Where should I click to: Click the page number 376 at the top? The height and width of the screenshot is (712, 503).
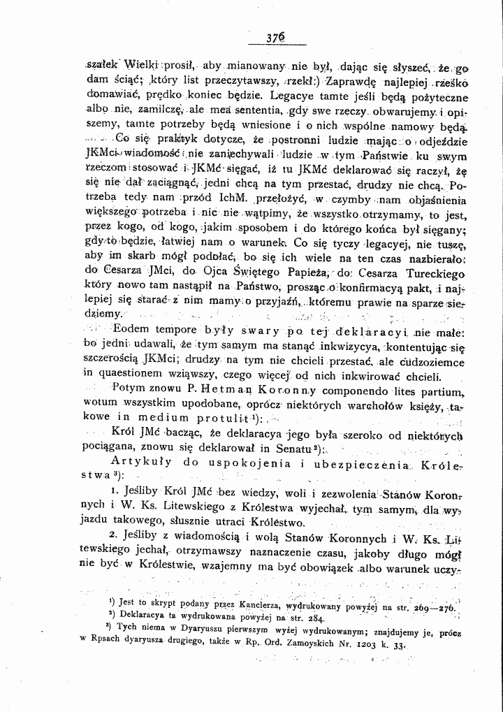coord(263,39)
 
